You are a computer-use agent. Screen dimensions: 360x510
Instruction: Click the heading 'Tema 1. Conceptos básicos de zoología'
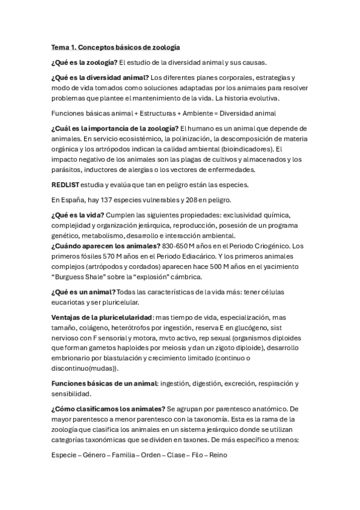point(116,47)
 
